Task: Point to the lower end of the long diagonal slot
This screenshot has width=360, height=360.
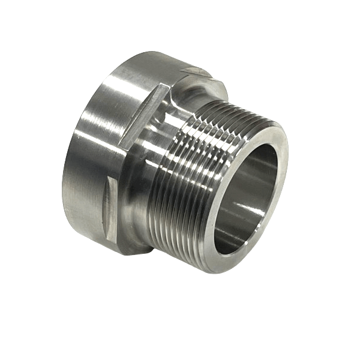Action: (x=123, y=144)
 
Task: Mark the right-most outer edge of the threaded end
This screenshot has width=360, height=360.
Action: (x=287, y=180)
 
